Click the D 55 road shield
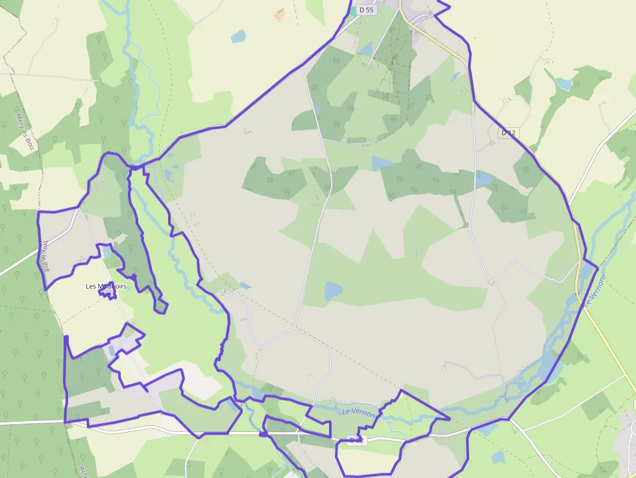click(x=367, y=10)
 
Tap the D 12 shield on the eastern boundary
click(x=509, y=133)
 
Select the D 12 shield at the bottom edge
click(x=356, y=440)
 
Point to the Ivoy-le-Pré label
click(x=45, y=256)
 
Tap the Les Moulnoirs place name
click(x=106, y=286)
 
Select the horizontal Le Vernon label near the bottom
click(x=358, y=413)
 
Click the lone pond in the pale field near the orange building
click(x=238, y=36)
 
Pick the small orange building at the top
click(x=280, y=14)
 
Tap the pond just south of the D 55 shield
click(x=366, y=49)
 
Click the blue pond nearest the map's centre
click(x=333, y=291)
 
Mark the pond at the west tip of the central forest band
click(x=382, y=163)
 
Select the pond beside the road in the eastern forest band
click(x=483, y=178)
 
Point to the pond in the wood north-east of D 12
click(x=563, y=84)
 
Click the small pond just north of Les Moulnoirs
click(x=106, y=252)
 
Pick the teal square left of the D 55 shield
click(x=353, y=10)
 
